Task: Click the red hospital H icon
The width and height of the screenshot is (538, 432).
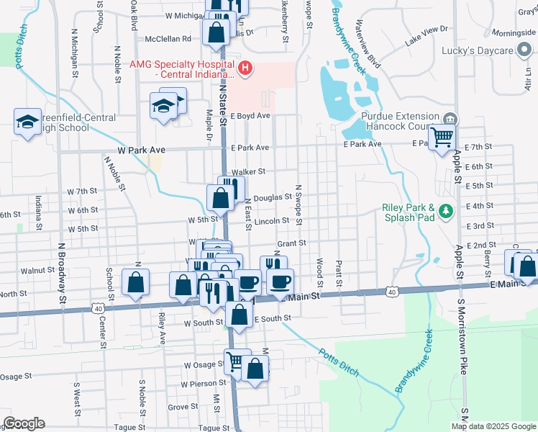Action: pos(246,68)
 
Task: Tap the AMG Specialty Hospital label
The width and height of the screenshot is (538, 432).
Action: pos(181,69)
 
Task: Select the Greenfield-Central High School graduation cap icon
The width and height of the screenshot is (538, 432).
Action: pos(27,121)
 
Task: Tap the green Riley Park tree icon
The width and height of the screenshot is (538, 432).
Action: pos(447,211)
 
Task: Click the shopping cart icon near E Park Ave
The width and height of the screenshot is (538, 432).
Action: pos(442,135)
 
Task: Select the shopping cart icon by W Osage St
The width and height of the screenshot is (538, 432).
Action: pos(234,361)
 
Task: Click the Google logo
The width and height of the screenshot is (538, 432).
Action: pos(24,423)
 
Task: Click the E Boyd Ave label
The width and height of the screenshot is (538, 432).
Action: pos(250,115)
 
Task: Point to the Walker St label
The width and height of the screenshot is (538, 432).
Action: pos(249,171)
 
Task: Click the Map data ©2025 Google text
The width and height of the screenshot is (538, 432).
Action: pos(493,426)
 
